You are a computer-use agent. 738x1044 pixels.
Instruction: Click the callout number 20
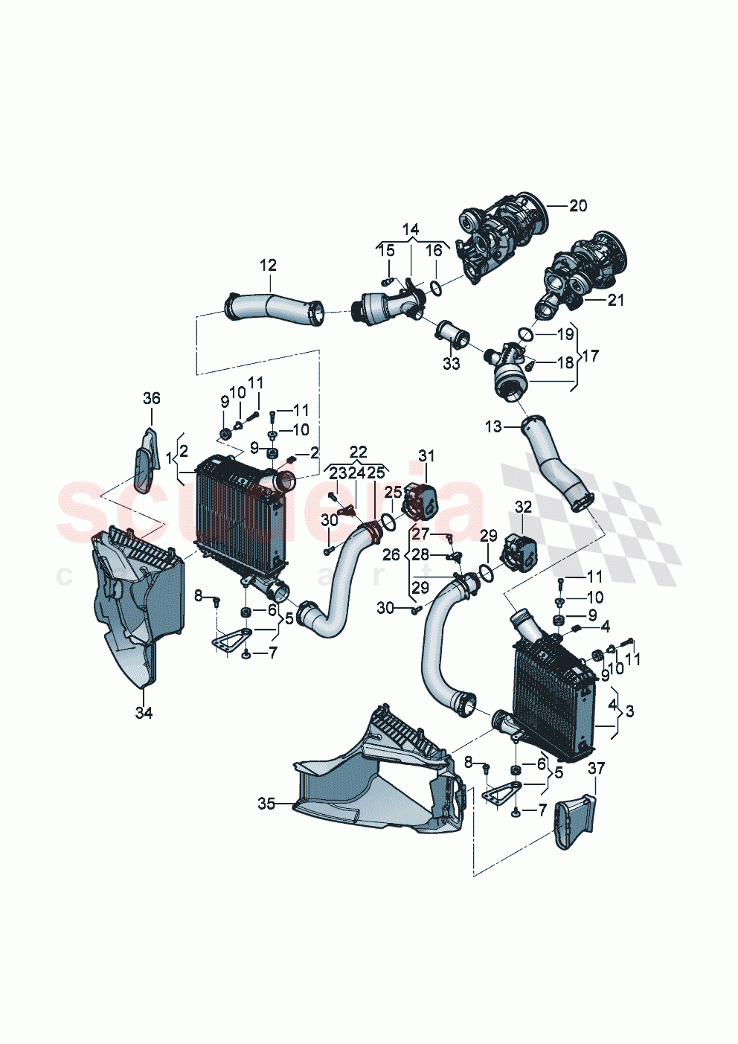(x=577, y=206)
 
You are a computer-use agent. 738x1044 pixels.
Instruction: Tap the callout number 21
(x=615, y=300)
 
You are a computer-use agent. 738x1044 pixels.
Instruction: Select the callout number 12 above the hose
(x=268, y=265)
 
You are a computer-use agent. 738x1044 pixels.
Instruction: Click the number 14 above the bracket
(x=411, y=229)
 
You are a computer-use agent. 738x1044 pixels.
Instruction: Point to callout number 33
(x=452, y=364)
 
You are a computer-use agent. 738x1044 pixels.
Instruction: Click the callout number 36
(x=151, y=399)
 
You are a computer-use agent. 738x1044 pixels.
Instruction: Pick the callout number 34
(x=144, y=713)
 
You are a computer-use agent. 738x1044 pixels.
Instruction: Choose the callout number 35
(x=266, y=804)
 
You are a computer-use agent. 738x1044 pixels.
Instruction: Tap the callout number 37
(x=596, y=768)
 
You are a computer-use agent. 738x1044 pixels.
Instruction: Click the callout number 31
(x=426, y=455)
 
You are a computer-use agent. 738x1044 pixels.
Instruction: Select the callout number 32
(x=523, y=507)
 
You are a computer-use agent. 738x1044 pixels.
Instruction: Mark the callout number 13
(x=493, y=426)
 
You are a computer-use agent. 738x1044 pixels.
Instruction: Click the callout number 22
(x=358, y=452)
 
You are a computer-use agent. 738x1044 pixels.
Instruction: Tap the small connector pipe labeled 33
(x=452, y=334)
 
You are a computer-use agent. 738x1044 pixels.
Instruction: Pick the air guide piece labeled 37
(x=574, y=822)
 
